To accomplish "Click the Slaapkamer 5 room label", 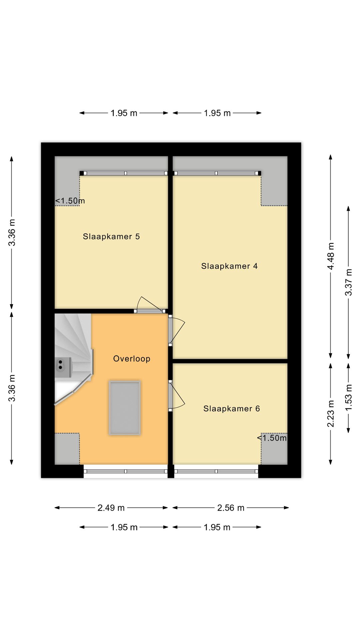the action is point(111,237).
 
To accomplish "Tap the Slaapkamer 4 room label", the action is point(229,266).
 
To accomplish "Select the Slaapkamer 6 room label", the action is point(232,409).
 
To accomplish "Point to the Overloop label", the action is point(132,359).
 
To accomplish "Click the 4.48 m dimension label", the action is point(331,256).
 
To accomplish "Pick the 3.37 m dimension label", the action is point(348,282).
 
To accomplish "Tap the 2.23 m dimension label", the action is point(331,413).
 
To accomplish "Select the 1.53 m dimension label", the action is point(348,398).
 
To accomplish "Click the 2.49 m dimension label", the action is point(111,508).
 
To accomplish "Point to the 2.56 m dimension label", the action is point(231,508).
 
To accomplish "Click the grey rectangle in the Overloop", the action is point(125,408).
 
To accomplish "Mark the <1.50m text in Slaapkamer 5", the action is point(70,201).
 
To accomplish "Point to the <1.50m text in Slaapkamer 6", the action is point(272,438).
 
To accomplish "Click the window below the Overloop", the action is point(125,471).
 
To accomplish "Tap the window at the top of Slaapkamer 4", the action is point(217,173).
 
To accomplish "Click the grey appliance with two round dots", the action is point(63,367).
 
